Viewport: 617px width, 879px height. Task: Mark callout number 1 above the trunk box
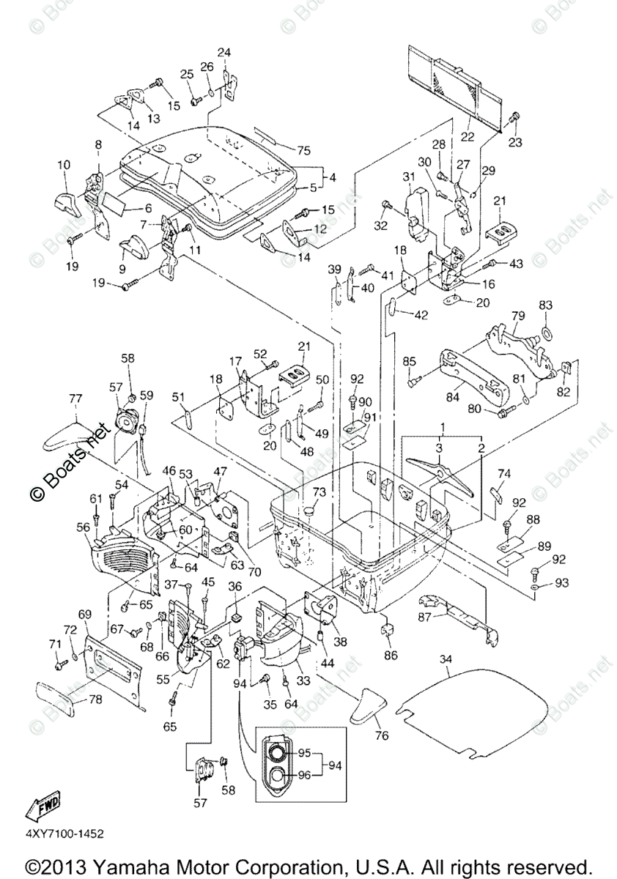pos(442,426)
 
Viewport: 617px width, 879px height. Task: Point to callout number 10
pos(63,164)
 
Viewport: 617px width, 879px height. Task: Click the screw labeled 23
pos(515,116)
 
